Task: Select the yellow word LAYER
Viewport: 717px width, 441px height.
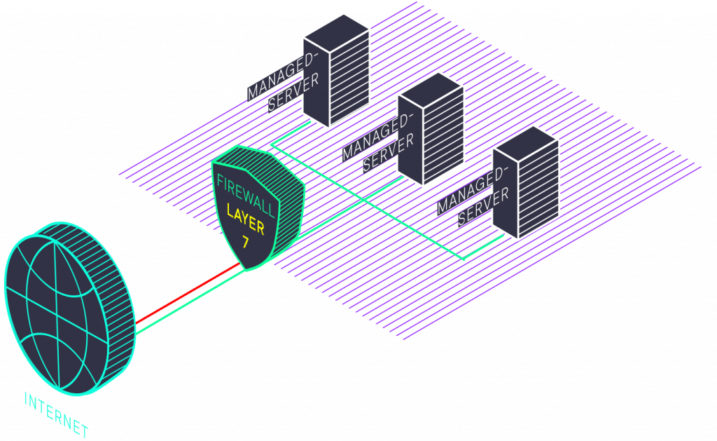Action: (245, 219)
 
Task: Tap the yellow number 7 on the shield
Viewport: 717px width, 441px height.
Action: (245, 243)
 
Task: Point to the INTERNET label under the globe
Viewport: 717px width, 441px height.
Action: (56, 414)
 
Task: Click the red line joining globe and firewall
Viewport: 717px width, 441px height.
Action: (189, 294)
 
